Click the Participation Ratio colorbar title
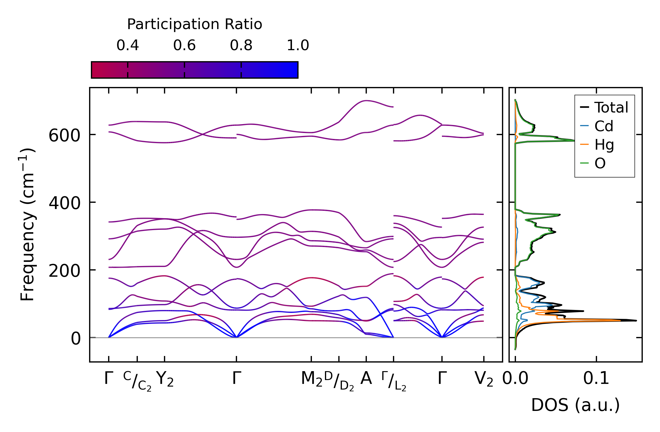[195, 24]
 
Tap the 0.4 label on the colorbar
[128, 45]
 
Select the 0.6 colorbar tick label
[184, 45]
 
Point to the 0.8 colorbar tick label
[241, 45]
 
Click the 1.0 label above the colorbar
[298, 45]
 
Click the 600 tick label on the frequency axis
[64, 136]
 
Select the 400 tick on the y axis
[64, 204]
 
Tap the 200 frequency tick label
[64, 271]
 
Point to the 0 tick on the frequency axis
[75, 339]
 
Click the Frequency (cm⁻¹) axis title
[28, 224]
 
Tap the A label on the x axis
[366, 379]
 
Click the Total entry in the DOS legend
[611, 107]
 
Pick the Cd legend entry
[604, 126]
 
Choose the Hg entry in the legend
[604, 145]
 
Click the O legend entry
[600, 163]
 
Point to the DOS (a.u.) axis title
[575, 405]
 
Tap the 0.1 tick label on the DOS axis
[596, 379]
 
